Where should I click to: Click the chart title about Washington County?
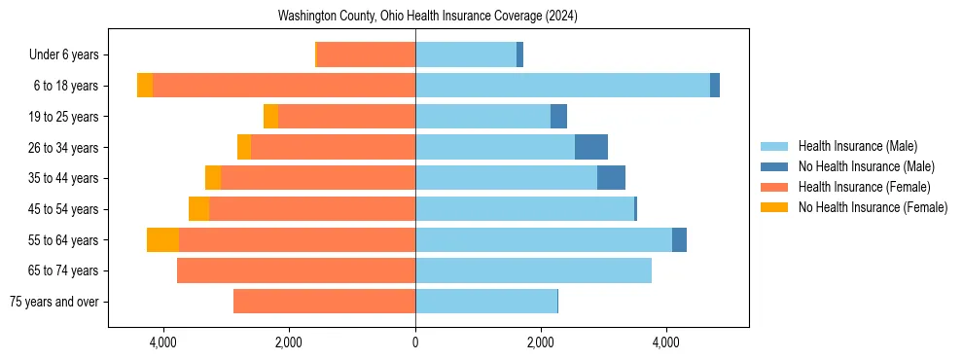click(x=428, y=17)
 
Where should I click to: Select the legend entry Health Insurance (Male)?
click(x=858, y=146)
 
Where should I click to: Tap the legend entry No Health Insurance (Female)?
click(x=873, y=207)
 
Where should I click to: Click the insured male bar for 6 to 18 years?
click(x=562, y=86)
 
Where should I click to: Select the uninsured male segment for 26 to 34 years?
click(x=591, y=147)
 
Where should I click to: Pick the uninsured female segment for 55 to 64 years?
click(x=162, y=239)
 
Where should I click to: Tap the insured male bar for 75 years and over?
click(x=486, y=302)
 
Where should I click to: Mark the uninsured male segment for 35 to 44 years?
click(x=611, y=178)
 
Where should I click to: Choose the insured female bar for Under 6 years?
click(x=367, y=55)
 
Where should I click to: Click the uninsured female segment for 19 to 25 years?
click(x=270, y=117)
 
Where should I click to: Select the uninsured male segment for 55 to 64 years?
click(x=679, y=239)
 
